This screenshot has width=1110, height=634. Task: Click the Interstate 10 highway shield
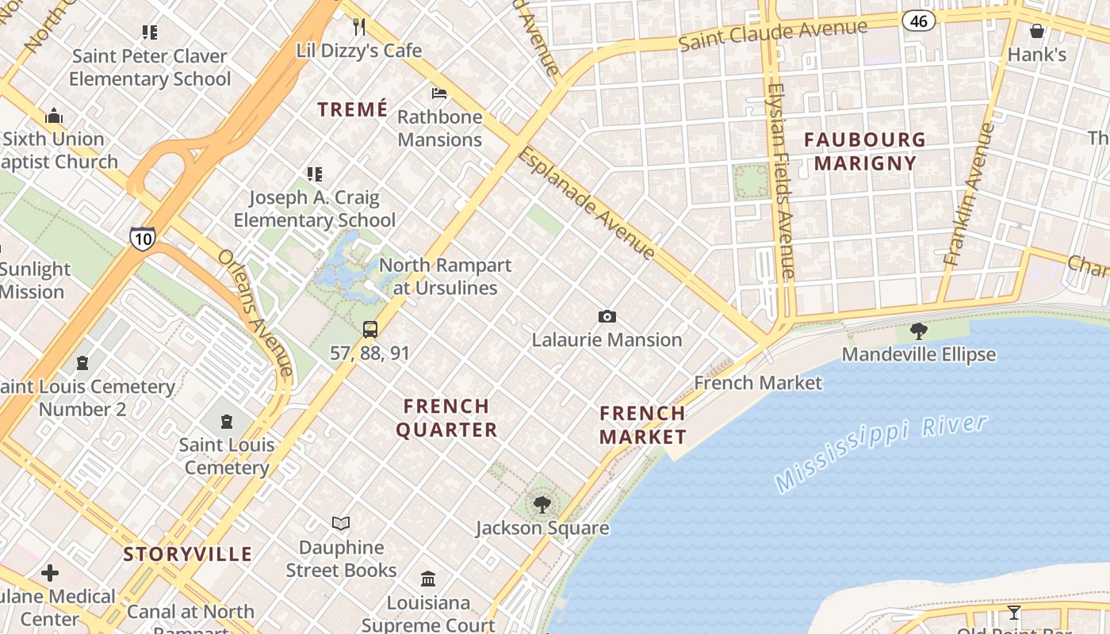tap(143, 238)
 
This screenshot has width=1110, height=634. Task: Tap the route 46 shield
tap(919, 21)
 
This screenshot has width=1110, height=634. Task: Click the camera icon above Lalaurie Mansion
tap(607, 317)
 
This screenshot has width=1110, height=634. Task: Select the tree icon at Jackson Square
tap(542, 504)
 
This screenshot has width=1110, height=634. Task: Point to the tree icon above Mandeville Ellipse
tap(919, 330)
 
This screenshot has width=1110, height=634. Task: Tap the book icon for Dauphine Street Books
tap(341, 523)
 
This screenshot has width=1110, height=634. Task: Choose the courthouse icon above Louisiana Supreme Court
tap(428, 579)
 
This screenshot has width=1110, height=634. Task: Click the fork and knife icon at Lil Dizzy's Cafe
tap(359, 27)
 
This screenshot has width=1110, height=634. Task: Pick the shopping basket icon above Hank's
tap(1036, 31)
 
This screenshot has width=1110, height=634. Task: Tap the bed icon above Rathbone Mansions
tap(439, 94)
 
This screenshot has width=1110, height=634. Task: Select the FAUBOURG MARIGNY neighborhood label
tap(865, 151)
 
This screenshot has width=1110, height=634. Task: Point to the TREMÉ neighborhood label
tap(353, 109)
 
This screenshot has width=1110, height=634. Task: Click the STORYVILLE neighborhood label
tap(188, 554)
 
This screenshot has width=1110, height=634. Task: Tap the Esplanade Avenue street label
tap(587, 203)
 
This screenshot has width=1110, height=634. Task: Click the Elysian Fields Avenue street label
tap(781, 181)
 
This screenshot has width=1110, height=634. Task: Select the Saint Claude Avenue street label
tap(773, 35)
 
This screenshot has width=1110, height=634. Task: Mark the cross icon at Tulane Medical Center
tap(50, 572)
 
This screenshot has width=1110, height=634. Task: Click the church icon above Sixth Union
tap(54, 116)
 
